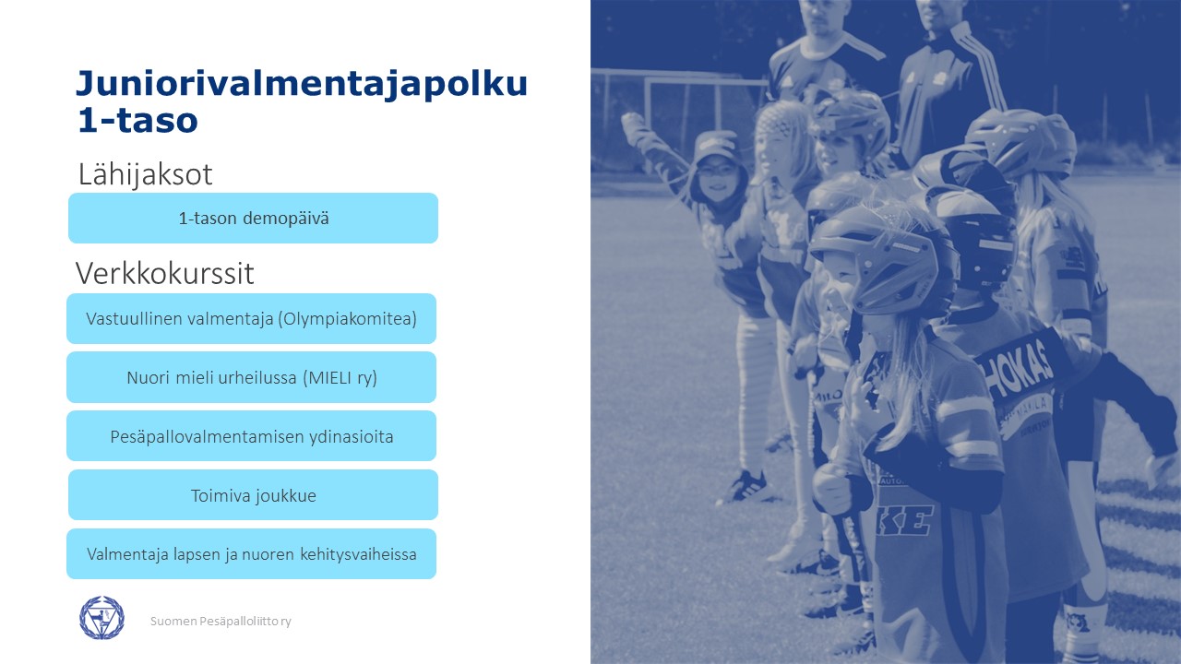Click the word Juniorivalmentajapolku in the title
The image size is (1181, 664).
[302, 84]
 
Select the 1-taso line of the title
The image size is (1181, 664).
[137, 121]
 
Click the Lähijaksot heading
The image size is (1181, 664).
[145, 174]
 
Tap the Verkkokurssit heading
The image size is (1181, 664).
[164, 273]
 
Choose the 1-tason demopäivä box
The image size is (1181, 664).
[253, 219]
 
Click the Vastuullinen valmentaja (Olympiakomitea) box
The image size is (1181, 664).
[252, 319]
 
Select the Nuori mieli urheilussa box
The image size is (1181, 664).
[252, 377]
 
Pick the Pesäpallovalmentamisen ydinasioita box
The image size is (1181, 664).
[252, 436]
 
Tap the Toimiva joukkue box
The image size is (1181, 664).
[253, 495]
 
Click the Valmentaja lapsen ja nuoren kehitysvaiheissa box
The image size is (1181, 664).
[252, 554]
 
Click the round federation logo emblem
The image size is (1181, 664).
[101, 618]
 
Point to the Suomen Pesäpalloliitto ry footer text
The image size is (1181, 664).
[221, 622]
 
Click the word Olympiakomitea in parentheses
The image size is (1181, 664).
[348, 319]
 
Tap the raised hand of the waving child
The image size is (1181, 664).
[634, 126]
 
